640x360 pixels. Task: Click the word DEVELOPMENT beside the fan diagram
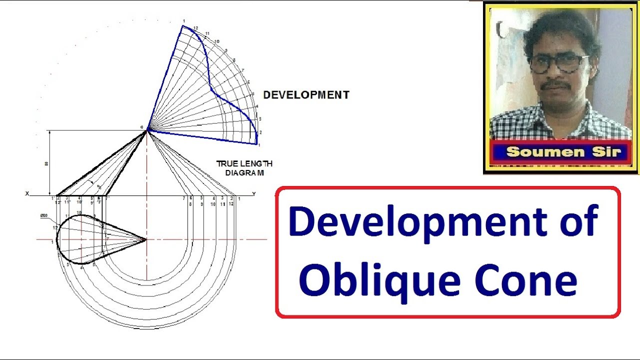306,95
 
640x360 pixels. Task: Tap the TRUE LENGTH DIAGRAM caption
244,168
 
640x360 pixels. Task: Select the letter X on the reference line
27,193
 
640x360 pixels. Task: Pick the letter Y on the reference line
254,194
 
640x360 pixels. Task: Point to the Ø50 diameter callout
44,216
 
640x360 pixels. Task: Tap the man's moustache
555,84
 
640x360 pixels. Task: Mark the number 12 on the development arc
196,28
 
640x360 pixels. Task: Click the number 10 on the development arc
216,41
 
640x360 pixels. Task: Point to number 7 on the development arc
243,70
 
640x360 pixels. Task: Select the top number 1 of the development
183,21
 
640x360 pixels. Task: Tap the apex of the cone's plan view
146,239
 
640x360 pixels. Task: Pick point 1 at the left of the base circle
52,242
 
